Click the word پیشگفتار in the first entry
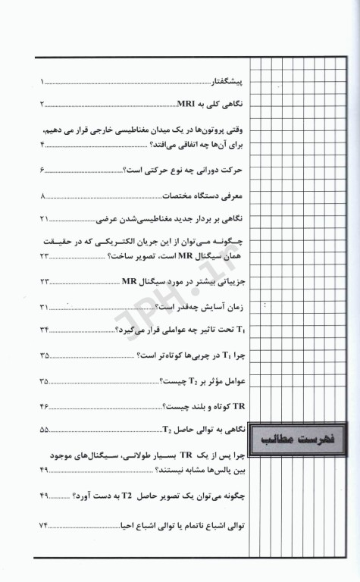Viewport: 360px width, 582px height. coord(230,80)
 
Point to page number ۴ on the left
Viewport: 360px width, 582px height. coord(44,144)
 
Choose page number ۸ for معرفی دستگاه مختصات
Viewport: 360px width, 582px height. coord(44,196)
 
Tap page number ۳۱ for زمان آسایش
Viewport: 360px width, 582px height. coord(44,307)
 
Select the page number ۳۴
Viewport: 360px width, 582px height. coord(44,330)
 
